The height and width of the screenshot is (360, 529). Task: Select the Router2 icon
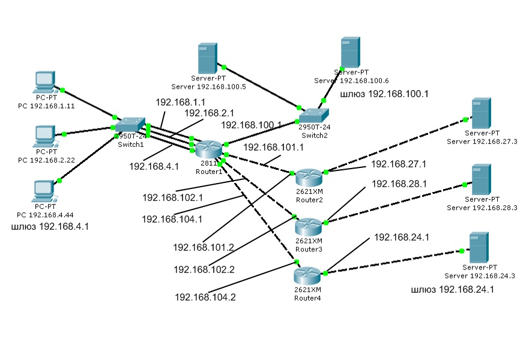pyautogui.click(x=310, y=177)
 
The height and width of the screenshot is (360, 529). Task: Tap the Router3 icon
pyautogui.click(x=310, y=226)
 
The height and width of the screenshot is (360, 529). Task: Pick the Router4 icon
pyautogui.click(x=310, y=276)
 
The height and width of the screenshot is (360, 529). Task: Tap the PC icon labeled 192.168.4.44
pyautogui.click(x=45, y=191)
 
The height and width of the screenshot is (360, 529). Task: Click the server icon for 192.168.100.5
pyautogui.click(x=208, y=58)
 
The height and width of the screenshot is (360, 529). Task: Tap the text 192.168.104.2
pyautogui.click(x=205, y=296)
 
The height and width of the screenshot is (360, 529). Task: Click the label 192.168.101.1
pyautogui.click(x=274, y=148)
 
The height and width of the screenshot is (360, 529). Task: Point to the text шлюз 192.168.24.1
pyautogui.click(x=452, y=290)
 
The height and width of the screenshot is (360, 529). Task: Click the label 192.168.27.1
pyautogui.click(x=399, y=163)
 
